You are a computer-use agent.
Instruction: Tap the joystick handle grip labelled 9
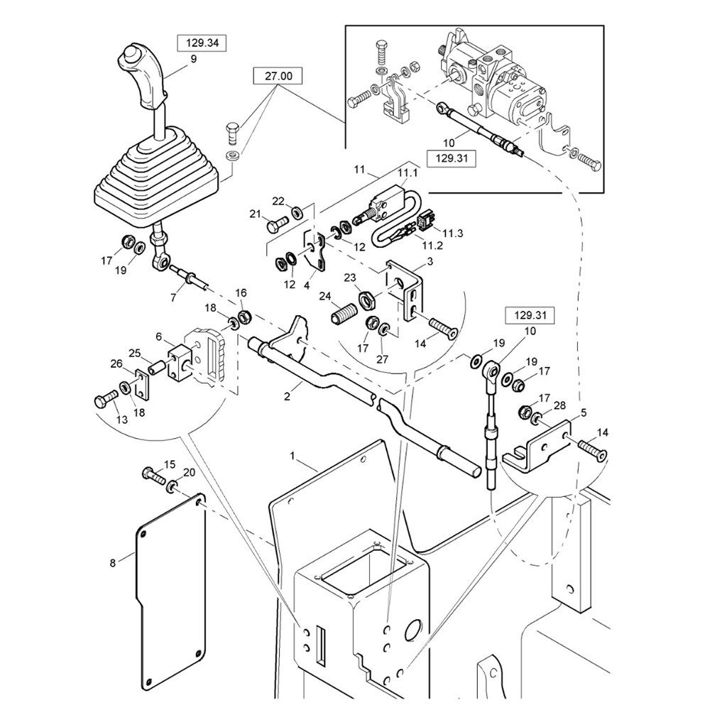[x=146, y=78]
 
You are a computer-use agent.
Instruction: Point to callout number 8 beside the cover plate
[x=112, y=563]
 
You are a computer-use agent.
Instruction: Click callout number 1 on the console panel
[x=293, y=452]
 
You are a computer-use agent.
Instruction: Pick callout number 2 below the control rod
[x=288, y=397]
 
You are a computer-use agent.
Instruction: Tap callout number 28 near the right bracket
[x=560, y=405]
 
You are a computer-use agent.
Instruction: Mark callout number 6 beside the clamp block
[x=159, y=337]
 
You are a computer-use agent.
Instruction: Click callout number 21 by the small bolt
[x=255, y=214]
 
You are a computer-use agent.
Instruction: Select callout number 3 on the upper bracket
[x=430, y=263]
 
